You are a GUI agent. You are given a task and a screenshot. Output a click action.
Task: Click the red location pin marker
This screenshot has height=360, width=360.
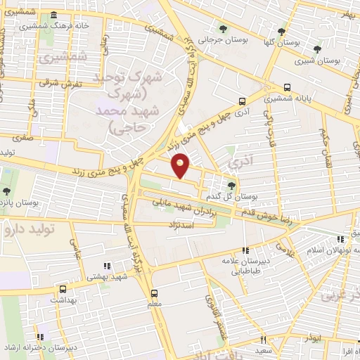pos(181,166)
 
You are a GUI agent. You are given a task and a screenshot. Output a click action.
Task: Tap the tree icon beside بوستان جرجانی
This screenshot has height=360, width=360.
pos(223,29)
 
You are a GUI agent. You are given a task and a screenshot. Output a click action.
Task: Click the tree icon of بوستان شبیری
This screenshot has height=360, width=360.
pos(317,49)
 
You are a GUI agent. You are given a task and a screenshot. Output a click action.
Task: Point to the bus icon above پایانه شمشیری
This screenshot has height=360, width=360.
pos(287,88)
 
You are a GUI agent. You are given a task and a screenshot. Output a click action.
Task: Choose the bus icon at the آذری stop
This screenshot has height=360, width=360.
pos(243,101)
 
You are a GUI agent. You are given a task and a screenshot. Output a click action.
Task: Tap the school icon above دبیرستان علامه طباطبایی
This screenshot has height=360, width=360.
pos(245,250)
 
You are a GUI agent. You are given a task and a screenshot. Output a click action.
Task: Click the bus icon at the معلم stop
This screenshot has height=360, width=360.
pos(154,293)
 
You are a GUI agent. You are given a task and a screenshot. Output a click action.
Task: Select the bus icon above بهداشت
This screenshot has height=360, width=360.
pos(64,289)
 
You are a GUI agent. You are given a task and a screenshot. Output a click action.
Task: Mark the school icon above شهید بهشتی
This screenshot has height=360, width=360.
pos(107,266)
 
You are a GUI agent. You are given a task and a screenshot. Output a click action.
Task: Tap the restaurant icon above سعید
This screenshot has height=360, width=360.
pos(264,340)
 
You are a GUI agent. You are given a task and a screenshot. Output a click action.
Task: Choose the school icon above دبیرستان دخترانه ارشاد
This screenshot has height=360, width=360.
pos(41,337)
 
